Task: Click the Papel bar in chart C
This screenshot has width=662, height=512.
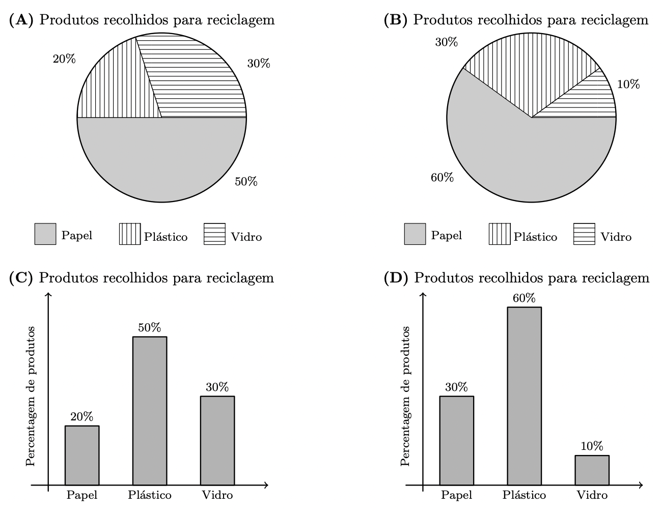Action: [x=82, y=455]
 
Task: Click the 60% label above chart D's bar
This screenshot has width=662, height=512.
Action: [x=524, y=298]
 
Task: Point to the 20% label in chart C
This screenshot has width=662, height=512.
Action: [x=82, y=417]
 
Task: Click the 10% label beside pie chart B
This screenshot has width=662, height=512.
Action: [x=628, y=84]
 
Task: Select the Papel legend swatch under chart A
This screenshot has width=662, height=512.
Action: [x=45, y=234]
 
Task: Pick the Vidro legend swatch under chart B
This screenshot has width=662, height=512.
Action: [x=584, y=234]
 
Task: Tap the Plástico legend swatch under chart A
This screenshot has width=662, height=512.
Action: [x=130, y=234]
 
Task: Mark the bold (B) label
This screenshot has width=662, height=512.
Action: [x=396, y=20]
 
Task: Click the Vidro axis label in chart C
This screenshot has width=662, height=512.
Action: [x=217, y=495]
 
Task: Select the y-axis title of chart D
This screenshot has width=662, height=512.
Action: [x=405, y=396]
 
